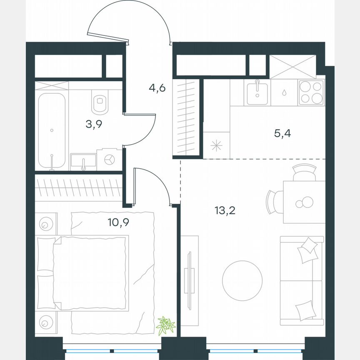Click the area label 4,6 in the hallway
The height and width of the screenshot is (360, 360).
pyautogui.click(x=157, y=88)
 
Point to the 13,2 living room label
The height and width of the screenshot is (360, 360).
pyautogui.click(x=225, y=210)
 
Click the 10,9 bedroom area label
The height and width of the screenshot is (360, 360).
pyautogui.click(x=118, y=222)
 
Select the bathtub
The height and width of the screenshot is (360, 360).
pyautogui.click(x=51, y=130)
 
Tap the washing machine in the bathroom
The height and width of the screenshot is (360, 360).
pyautogui.click(x=110, y=160)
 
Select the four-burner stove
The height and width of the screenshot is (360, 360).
pyautogui.click(x=311, y=92)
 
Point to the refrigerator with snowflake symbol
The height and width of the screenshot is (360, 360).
pyautogui.click(x=217, y=145)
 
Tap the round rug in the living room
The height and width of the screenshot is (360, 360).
pyautogui.click(x=242, y=280)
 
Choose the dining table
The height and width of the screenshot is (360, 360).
pyautogui.click(x=304, y=202)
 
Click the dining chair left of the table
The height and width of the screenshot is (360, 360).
pyautogui.click(x=274, y=202)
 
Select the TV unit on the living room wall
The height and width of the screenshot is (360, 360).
pyautogui.click(x=190, y=280)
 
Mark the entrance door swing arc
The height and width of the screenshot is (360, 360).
pyautogui.click(x=129, y=21)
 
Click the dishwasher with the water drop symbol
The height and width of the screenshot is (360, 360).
pyautogui.click(x=284, y=92)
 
